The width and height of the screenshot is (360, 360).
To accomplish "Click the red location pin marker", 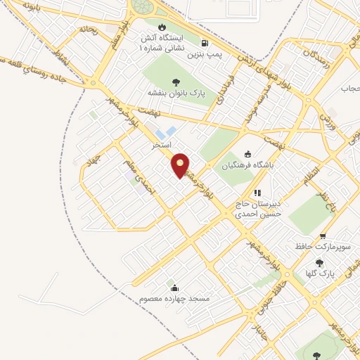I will (x=181, y=165).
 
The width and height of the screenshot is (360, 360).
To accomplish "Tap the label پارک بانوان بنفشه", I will (x=175, y=92).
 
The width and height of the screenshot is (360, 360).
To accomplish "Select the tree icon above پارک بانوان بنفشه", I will (x=175, y=82).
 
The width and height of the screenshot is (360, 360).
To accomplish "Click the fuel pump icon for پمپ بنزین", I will (x=205, y=41).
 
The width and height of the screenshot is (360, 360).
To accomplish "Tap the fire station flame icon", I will (x=150, y=27).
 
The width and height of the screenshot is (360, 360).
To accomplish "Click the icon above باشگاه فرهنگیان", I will (x=247, y=155).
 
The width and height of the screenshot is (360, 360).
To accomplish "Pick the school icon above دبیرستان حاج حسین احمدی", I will (x=257, y=193).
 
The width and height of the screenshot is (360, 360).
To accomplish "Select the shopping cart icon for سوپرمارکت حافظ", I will (x=323, y=236).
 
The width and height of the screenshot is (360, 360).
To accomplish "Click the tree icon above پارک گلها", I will (x=319, y=263).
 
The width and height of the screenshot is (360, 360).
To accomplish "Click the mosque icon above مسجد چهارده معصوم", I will (x=174, y=288).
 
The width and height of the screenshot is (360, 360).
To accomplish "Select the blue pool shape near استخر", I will (x=166, y=131).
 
